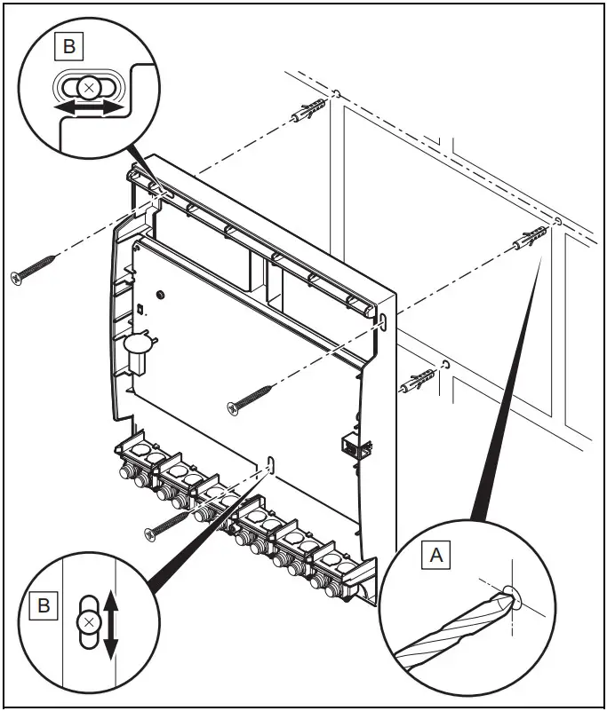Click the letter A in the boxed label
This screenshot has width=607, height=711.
click(435, 556)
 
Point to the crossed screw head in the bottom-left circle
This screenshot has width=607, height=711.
click(87, 622)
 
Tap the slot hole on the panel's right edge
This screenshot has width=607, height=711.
click(381, 320)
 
